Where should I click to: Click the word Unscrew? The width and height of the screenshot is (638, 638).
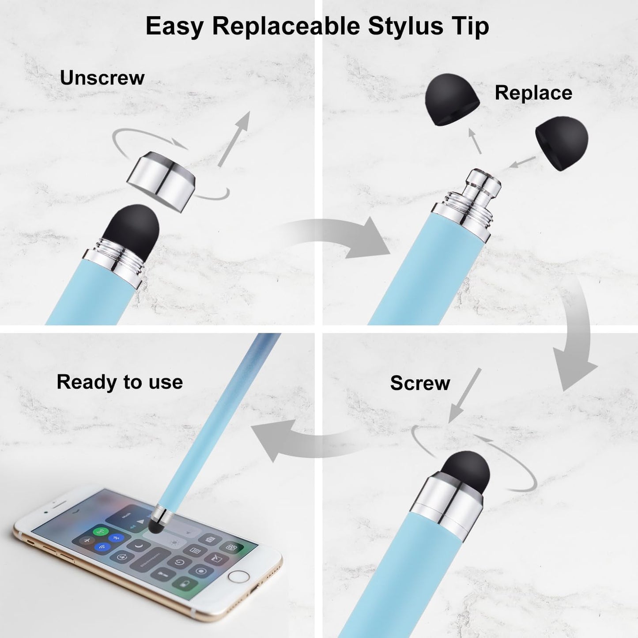point(102,78)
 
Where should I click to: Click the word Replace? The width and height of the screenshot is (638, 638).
point(533,93)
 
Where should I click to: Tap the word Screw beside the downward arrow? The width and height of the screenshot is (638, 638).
point(420,383)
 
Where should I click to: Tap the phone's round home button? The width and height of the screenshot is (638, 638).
point(238,577)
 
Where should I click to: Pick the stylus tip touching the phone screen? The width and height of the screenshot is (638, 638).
point(155,526)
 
